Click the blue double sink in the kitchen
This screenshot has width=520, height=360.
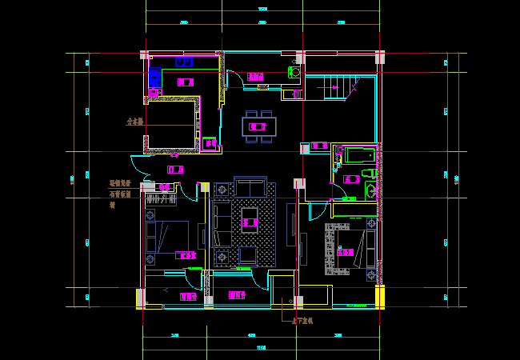(184, 62)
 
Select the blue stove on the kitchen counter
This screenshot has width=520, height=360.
(154, 77)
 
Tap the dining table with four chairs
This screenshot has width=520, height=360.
(258, 126)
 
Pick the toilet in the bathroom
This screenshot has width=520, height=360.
(366, 174)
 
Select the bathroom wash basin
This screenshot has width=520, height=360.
(371, 190)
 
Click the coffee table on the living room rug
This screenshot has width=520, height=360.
(250, 218)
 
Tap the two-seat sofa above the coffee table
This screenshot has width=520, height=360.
(251, 187)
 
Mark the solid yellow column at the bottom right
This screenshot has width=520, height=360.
(379, 296)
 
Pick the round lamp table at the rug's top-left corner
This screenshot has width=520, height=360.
(221, 189)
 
